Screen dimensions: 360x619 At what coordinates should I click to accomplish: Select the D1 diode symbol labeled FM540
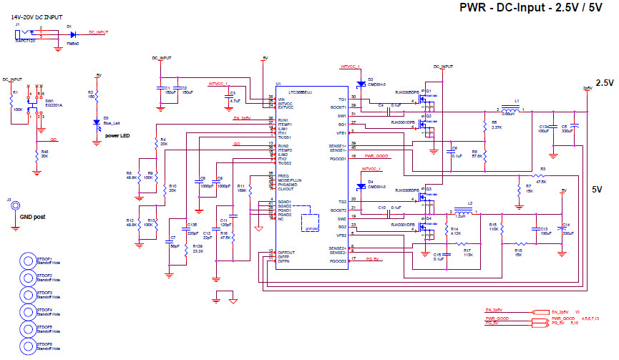tap(72, 33)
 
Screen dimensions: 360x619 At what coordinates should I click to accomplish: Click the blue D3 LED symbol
tap(97, 122)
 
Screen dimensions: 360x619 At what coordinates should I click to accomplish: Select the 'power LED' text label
tap(117, 135)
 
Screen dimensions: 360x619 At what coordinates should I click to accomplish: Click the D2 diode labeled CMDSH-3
tap(361, 83)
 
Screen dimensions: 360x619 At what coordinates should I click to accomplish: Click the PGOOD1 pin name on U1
tap(338, 159)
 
